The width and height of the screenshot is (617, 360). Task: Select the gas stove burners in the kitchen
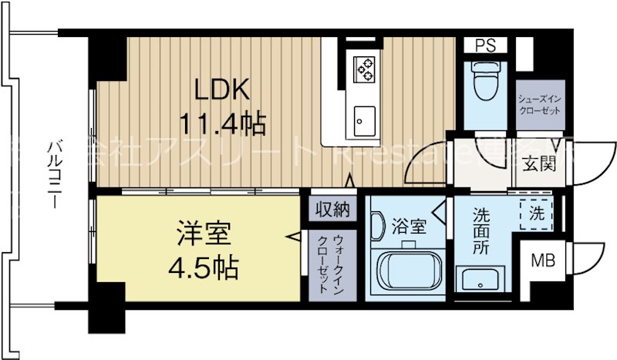click(x=363, y=69)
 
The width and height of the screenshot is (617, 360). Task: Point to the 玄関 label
click(x=541, y=165)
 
